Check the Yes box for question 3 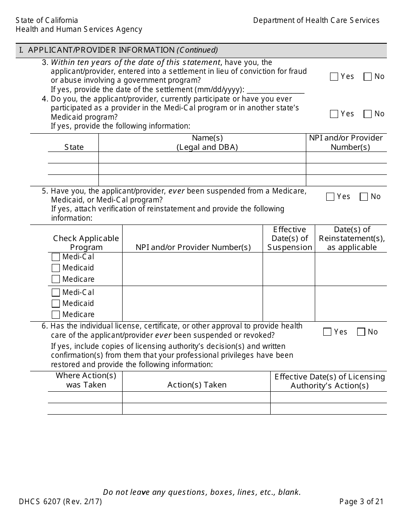[334, 77]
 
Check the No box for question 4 [368, 114]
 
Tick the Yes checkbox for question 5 [330, 197]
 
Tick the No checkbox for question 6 [361, 332]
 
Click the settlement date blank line [275, 90]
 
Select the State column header [74, 147]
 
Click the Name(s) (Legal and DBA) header [207, 143]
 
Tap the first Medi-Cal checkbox [56, 257]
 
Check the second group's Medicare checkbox [56, 315]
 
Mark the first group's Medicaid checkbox [56, 268]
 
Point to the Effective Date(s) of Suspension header [289, 239]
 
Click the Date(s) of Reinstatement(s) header [352, 239]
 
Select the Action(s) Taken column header [197, 385]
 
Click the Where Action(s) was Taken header [86, 380]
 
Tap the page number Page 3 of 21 [361, 502]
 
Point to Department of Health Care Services [316, 20]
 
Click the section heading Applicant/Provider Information [118, 50]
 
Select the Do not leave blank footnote [202, 492]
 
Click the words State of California [47, 20]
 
